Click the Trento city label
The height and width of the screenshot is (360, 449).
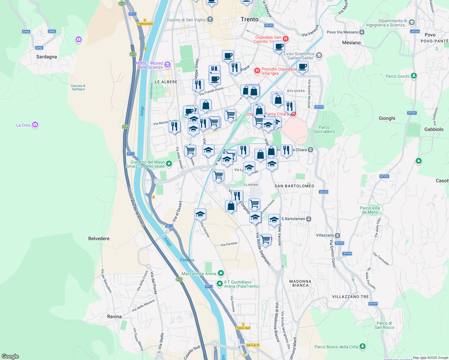pos(249,19)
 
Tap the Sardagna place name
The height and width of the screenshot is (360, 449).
pos(47,57)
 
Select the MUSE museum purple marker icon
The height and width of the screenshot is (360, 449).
pos(167,64)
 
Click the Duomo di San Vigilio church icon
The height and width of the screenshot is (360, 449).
pos(210,20)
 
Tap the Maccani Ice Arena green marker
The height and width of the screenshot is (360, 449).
pos(221,273)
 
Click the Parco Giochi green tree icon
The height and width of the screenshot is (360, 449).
pos(414,76)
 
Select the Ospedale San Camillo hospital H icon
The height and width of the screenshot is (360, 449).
pos(286,39)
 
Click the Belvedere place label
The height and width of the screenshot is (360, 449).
pos(99,238)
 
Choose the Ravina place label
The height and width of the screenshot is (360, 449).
pos(114,316)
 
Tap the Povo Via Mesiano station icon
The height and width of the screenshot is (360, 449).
pos(362,32)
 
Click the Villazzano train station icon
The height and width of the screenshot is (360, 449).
pos(338,235)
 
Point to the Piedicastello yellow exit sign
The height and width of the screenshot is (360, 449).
pos(145,24)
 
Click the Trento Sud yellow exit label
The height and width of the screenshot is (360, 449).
pos(243,328)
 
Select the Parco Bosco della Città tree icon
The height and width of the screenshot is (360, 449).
pos(363,346)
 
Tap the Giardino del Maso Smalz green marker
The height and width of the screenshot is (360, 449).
pos(169,163)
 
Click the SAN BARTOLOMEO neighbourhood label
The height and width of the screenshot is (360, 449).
pos(294,186)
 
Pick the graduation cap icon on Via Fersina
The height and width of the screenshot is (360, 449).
pos(200,214)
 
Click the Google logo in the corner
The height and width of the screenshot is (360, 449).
pos(10,356)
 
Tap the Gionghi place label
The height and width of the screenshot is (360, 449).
pos(387,118)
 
